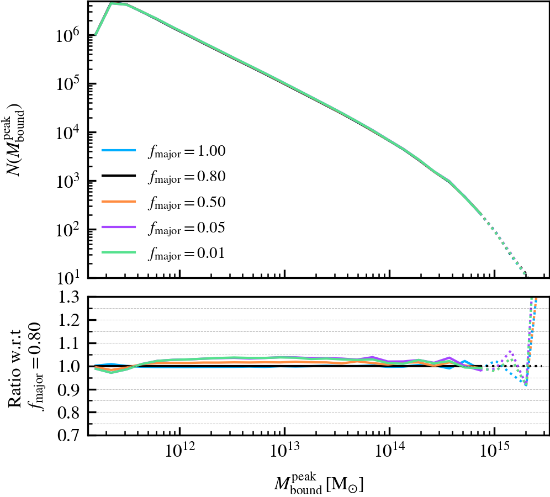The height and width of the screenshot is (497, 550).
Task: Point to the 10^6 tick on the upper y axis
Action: (x=69, y=35)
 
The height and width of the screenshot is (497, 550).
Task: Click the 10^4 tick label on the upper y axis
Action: (x=69, y=133)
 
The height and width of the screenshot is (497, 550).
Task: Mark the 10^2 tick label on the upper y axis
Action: (x=69, y=230)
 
